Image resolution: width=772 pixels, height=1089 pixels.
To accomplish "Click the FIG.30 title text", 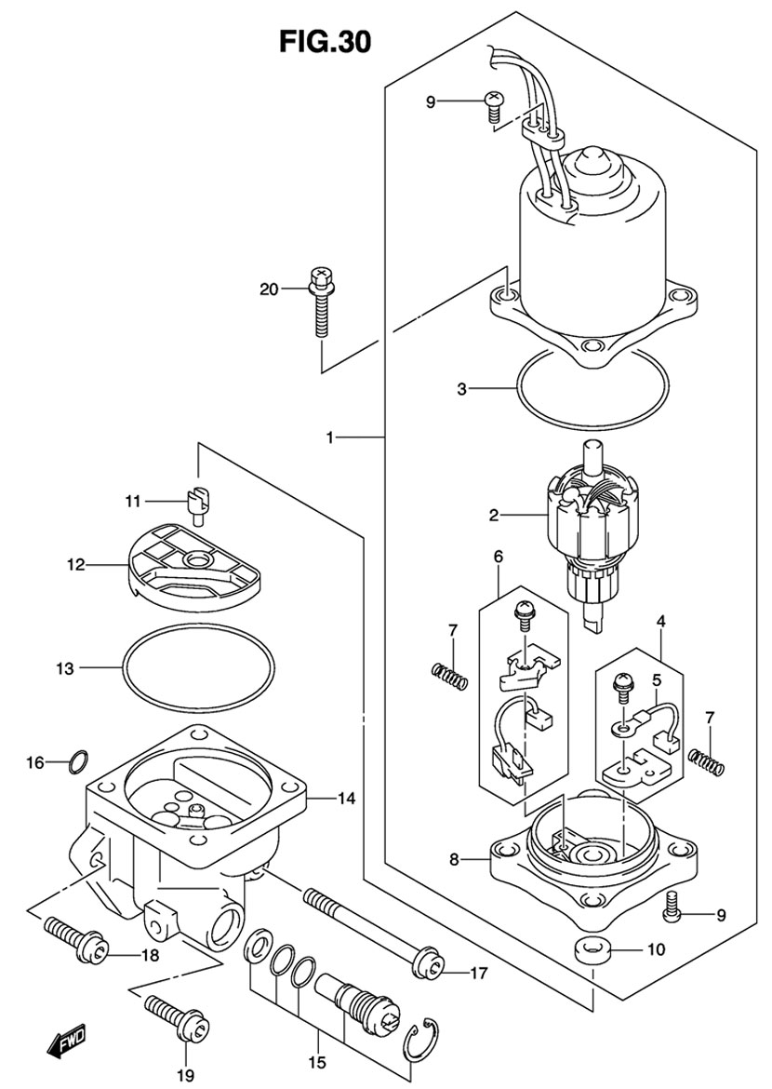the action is click(325, 42).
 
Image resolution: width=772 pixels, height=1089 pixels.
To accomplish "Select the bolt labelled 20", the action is click(320, 302).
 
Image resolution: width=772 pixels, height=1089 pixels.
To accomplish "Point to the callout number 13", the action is click(64, 668).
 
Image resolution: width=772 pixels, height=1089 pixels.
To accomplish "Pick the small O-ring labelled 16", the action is click(78, 762).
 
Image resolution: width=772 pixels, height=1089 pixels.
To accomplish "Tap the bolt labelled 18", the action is click(75, 941).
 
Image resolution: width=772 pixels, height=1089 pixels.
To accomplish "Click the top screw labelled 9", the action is click(494, 105).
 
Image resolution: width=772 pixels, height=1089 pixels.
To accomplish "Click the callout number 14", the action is click(346, 799).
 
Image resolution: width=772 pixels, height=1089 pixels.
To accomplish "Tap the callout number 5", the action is click(656, 679).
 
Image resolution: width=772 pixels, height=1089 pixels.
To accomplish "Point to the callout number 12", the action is click(75, 565).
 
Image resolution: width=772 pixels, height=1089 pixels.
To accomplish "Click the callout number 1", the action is click(331, 437).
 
